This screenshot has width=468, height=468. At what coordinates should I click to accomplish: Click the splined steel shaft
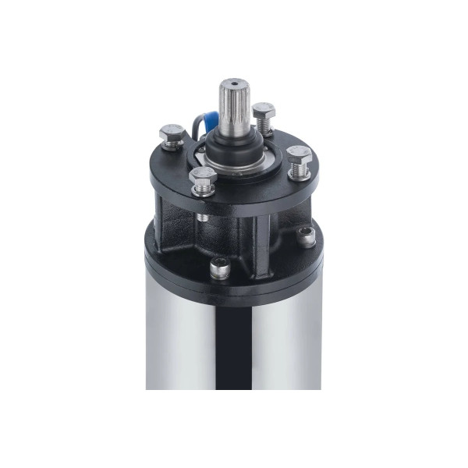232,109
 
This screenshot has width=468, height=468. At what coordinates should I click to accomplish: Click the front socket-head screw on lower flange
221,268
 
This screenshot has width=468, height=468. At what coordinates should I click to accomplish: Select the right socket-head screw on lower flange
307,236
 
